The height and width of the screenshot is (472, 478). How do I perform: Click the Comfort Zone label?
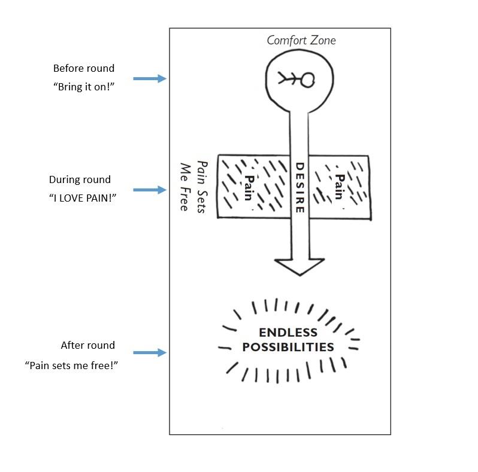[x=301, y=41]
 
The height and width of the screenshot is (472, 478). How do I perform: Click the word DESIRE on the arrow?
[x=300, y=187]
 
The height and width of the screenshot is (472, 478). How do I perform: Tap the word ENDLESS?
[x=288, y=333]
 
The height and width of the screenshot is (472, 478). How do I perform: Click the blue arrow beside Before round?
[x=149, y=78]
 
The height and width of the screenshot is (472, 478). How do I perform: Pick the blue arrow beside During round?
[x=149, y=190]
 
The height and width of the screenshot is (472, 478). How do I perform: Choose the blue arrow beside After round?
[x=149, y=353]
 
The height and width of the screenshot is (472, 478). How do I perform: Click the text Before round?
[x=83, y=68]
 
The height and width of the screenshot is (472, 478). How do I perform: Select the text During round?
[x=80, y=179]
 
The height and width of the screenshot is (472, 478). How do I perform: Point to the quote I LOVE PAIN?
[x=83, y=197]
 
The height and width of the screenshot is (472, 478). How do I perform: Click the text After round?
[x=87, y=345]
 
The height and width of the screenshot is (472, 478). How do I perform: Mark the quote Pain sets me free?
[x=72, y=365]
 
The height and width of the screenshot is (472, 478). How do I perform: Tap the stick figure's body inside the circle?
[x=292, y=79]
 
